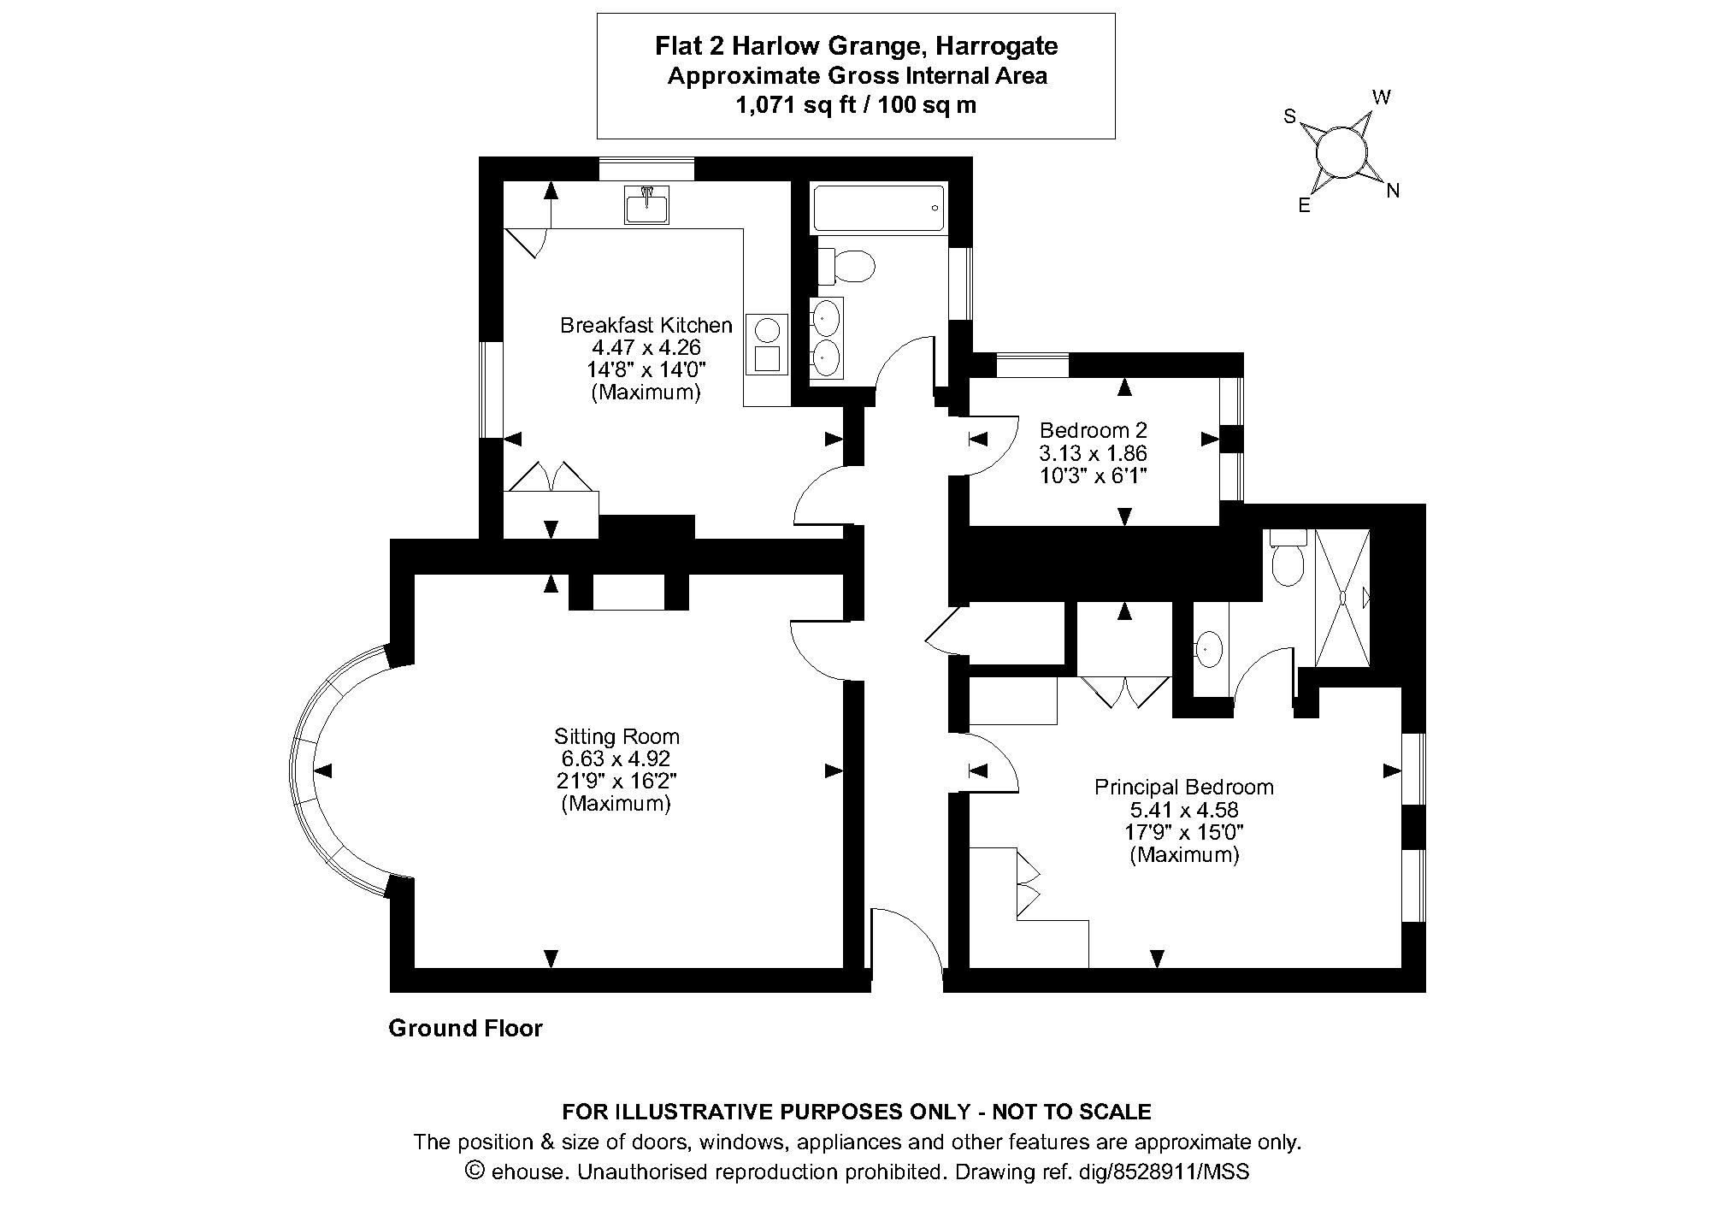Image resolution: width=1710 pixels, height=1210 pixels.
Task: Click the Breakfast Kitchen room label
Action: [646, 326]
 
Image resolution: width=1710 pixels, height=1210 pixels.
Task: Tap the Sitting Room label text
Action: [616, 736]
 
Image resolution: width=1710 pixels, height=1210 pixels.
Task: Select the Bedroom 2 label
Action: [1093, 430]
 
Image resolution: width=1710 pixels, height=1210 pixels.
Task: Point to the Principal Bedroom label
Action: [1183, 787]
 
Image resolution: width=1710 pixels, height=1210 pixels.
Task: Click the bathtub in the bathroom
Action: [878, 208]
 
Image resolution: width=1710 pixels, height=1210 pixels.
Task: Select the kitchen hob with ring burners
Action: [767, 345]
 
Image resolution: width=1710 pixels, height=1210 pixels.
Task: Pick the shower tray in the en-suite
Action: [1342, 598]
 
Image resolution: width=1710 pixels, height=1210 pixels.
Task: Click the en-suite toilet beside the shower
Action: [1288, 559]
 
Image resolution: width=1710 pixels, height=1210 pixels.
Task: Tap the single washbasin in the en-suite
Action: [1208, 650]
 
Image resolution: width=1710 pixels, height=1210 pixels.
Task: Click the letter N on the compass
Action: [1393, 192]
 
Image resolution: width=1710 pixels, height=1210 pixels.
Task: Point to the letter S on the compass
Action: [1290, 117]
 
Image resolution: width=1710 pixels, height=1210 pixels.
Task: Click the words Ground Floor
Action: [465, 1028]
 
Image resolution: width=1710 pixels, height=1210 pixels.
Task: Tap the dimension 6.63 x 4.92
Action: [616, 758]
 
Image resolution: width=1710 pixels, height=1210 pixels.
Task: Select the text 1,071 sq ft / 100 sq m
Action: [856, 105]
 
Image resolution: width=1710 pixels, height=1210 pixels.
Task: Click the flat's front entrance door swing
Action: [906, 941]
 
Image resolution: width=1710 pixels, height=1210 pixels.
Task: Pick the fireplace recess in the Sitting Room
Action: [628, 593]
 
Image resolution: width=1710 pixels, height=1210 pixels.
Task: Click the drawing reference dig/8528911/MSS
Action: [1179, 1172]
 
